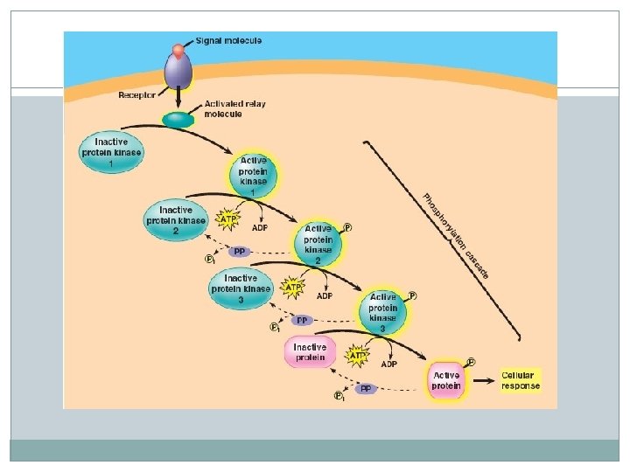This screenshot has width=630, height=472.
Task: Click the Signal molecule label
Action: (229, 40)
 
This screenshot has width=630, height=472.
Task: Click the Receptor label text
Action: (139, 94)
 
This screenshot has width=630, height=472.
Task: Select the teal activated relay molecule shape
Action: (179, 120)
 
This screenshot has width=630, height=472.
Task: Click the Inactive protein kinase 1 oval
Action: (111, 152)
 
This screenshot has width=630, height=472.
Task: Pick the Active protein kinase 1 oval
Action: (253, 176)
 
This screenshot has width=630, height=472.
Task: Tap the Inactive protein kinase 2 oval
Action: (176, 220)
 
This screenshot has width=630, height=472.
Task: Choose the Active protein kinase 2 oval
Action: (318, 242)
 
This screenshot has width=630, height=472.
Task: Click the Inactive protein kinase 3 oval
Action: (241, 288)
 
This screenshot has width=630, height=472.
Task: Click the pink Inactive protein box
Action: (310, 351)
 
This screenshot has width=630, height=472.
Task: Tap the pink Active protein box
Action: (445, 381)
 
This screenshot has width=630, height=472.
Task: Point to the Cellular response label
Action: (521, 380)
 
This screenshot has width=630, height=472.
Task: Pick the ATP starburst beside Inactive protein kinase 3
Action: (293, 286)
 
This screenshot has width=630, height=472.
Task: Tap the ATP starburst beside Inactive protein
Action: (357, 356)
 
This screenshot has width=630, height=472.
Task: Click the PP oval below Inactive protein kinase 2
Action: (239, 252)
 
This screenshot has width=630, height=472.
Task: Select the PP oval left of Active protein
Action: (366, 389)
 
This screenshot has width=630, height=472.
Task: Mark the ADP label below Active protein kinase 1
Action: (260, 228)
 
